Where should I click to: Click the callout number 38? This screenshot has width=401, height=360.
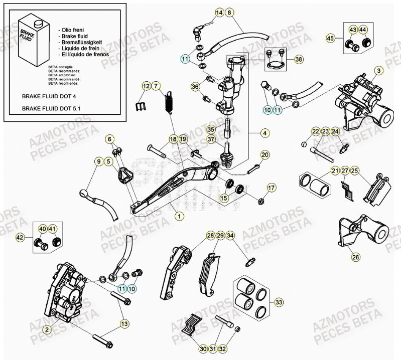pyautogui.click(x=299, y=59)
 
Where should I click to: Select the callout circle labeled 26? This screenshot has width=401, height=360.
pyautogui.click(x=355, y=257)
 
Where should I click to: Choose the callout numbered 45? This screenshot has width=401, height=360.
pyautogui.click(x=330, y=39)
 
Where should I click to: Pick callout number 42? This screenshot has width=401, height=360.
pyautogui.click(x=21, y=237)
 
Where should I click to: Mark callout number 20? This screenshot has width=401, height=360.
pyautogui.click(x=265, y=154)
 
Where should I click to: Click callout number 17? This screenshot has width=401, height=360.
pyautogui.click(x=272, y=188)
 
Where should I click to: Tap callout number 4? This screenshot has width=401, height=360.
pyautogui.click(x=264, y=133)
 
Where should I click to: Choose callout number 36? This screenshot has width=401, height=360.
pyautogui.click(x=195, y=87)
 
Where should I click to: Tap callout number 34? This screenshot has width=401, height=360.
pyautogui.click(x=230, y=235)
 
